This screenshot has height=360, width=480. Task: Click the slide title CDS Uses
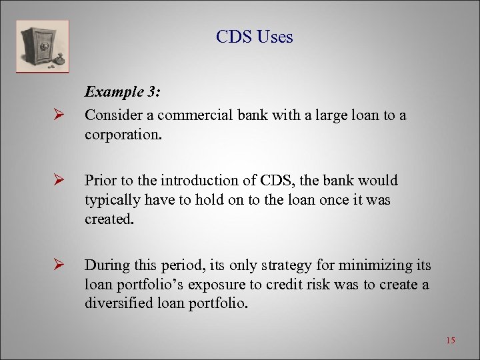coord(254,37)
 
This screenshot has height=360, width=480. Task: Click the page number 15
coord(450,341)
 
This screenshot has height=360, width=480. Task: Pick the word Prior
coord(99,181)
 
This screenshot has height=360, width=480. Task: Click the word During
coord(105,265)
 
